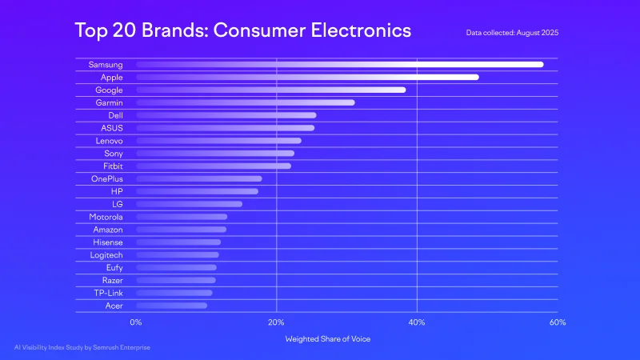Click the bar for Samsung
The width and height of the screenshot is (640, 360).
point(339,65)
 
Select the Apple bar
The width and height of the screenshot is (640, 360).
point(307,78)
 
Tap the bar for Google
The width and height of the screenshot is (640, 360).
point(270,90)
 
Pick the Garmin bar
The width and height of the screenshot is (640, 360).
point(245,102)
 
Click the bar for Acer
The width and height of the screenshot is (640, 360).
point(171,306)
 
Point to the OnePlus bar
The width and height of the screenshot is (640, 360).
point(198,178)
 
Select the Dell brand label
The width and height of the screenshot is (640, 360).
point(115,115)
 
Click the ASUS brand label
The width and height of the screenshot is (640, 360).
point(112,128)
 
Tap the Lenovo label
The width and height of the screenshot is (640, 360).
point(109,141)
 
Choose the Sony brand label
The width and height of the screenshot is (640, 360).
point(114,154)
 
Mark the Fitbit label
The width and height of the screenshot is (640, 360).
point(112,166)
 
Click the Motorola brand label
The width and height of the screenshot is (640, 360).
point(106,217)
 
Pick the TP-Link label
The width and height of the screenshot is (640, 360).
point(108,293)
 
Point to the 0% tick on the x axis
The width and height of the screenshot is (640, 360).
point(136,322)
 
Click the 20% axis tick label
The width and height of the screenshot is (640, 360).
point(276,322)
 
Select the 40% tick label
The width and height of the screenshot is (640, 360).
point(417,322)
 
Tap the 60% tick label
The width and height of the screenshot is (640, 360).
point(558,322)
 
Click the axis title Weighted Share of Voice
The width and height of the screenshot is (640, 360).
point(328,339)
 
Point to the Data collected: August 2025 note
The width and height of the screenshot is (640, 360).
point(512,33)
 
